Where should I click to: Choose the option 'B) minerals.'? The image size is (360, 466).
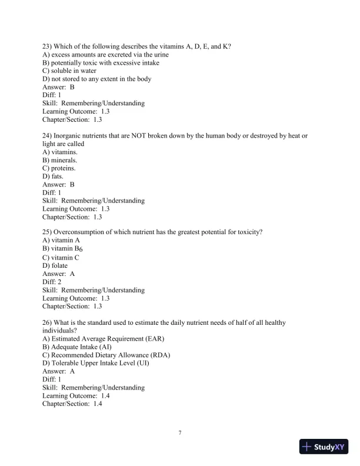point(59,160)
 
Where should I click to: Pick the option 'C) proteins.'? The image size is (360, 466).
point(59,168)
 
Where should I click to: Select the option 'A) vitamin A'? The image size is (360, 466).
point(61,241)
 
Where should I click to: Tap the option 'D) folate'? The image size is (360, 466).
point(55,265)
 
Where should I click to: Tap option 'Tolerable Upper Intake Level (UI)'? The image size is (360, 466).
point(96,363)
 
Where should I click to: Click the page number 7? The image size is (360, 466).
point(180,433)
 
